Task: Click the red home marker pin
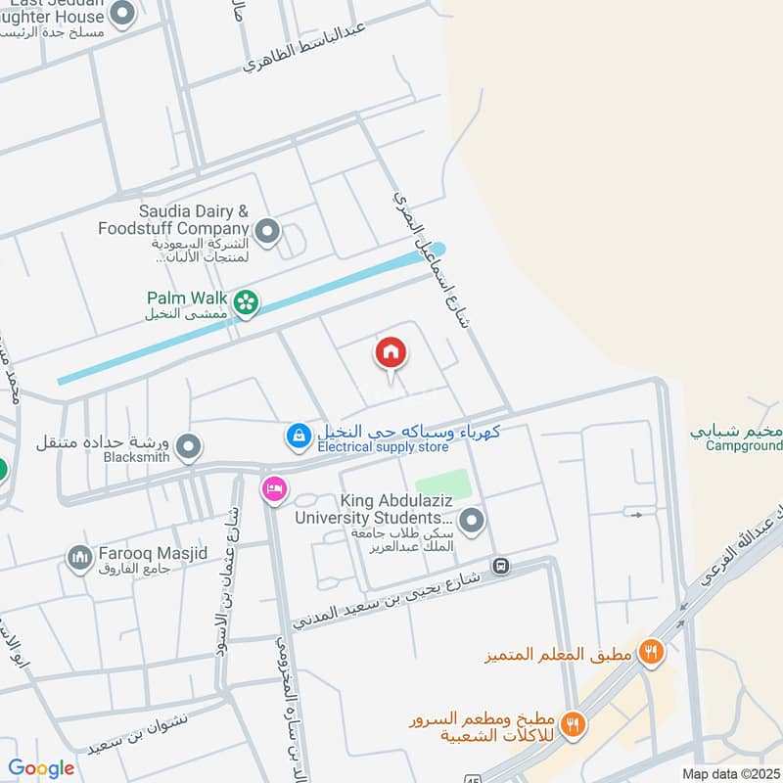(390, 352)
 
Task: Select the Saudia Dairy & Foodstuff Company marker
(268, 232)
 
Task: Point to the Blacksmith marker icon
(190, 446)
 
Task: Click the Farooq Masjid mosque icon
(79, 557)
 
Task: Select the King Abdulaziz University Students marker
(472, 520)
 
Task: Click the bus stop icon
(501, 566)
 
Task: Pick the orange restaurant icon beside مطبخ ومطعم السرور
(575, 724)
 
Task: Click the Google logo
(41, 768)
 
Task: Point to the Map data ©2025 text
(729, 773)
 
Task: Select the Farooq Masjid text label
(152, 554)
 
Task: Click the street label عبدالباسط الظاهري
(305, 49)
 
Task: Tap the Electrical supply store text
(382, 447)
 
